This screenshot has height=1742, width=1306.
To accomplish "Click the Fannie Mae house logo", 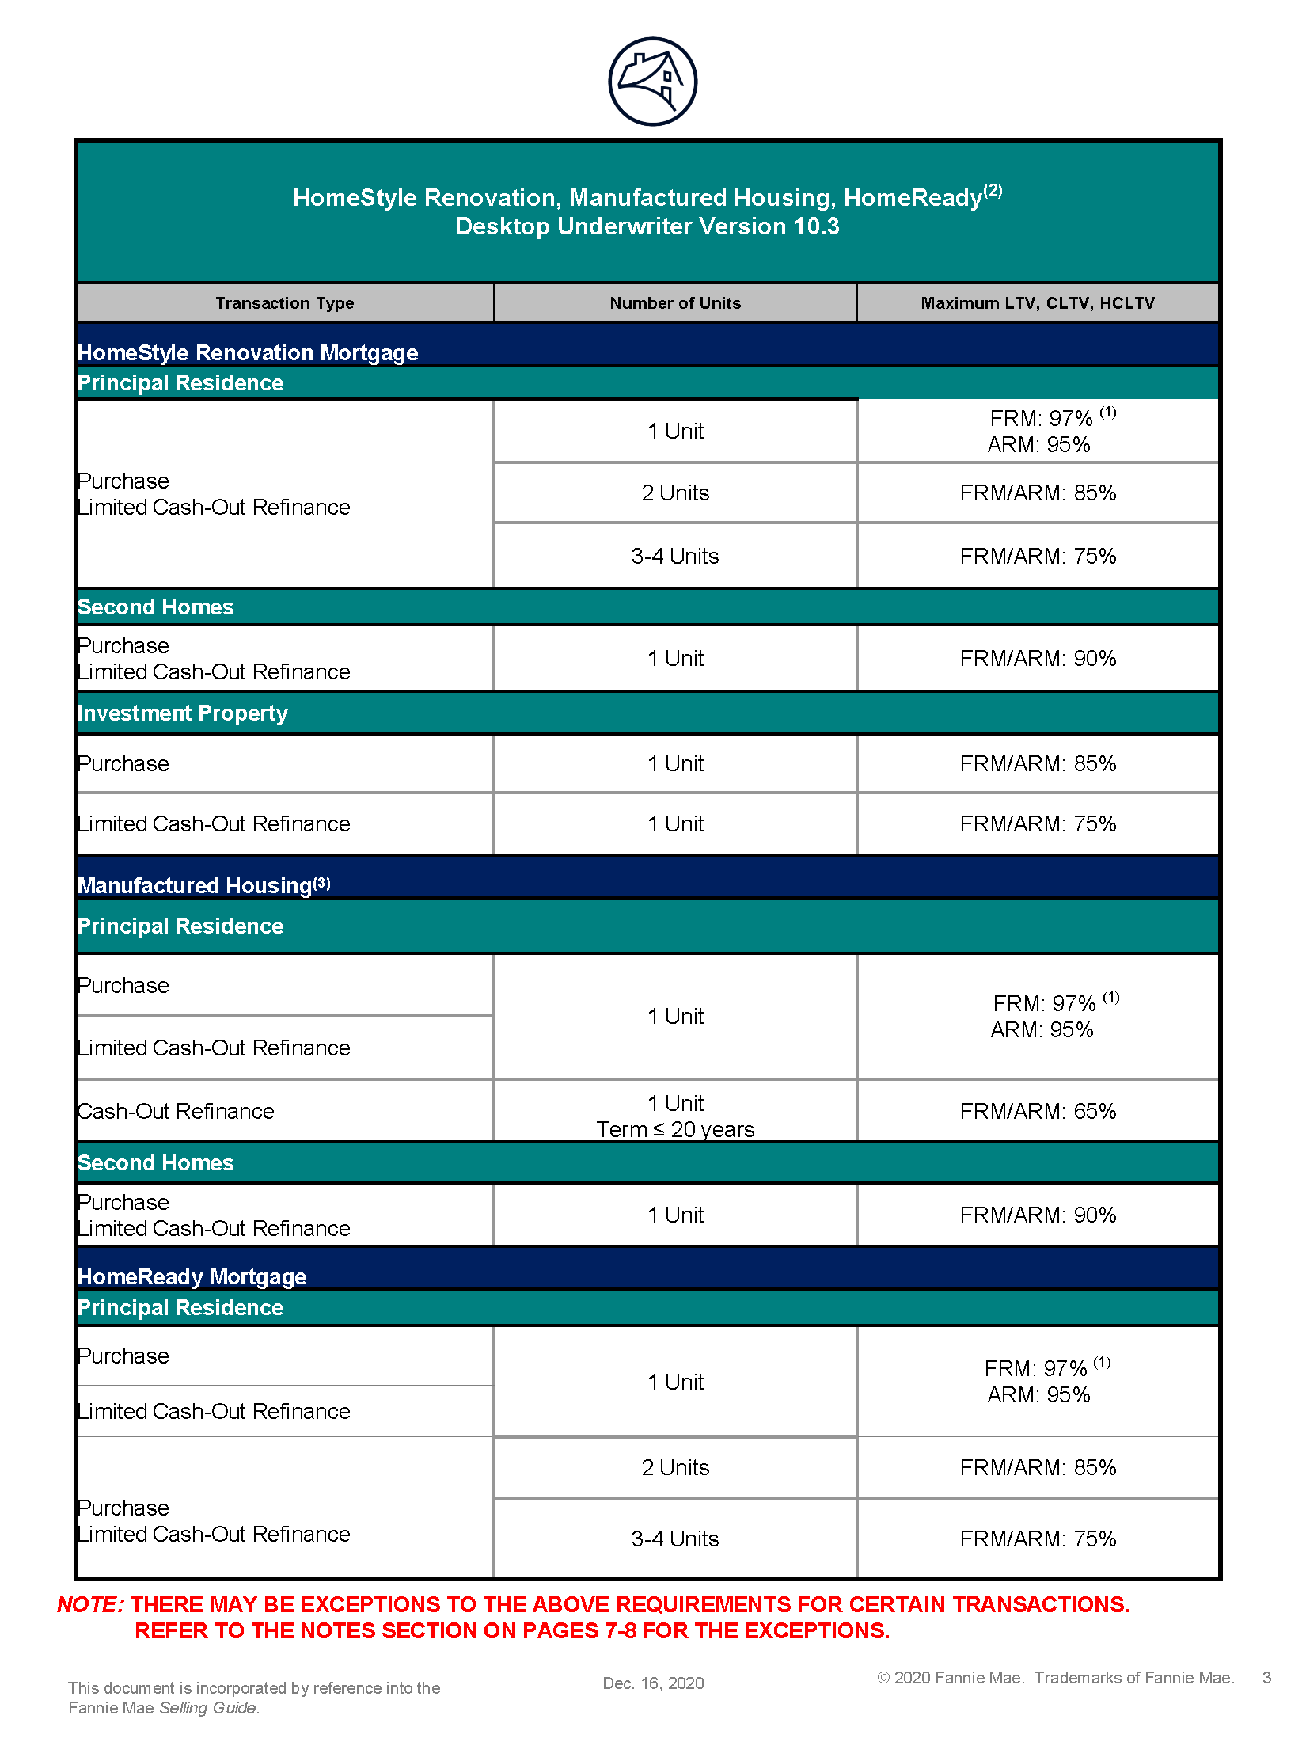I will (x=652, y=82).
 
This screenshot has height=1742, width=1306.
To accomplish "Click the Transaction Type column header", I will (x=284, y=303).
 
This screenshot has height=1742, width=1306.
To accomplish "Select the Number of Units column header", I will (x=675, y=303).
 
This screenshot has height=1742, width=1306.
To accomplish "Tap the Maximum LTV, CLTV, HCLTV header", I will (x=1038, y=303).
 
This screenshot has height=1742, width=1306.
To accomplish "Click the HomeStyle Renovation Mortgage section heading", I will (x=248, y=352).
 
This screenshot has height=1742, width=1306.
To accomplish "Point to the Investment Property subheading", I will (x=183, y=713).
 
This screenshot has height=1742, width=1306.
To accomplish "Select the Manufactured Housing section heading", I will (x=195, y=885).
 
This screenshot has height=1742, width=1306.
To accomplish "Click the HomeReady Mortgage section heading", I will (x=192, y=1276).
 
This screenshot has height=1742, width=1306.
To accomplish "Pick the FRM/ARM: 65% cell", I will (x=1038, y=1111).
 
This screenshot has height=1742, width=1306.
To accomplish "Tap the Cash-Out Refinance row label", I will (x=177, y=1111).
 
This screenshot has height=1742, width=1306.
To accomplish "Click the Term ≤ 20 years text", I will (x=675, y=1129).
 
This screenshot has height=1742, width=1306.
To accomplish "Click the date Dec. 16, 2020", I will (x=653, y=1683).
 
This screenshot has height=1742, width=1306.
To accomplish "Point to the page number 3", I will (x=1266, y=1678).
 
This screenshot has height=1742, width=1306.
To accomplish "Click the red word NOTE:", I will (x=90, y=1604).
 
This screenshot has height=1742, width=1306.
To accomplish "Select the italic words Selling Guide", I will (x=208, y=1708).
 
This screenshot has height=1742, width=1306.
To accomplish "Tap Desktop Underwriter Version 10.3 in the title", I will (x=647, y=226).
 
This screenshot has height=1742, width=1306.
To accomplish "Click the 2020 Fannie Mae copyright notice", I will (x=1056, y=1678).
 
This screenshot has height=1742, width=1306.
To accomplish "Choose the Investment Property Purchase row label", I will (x=124, y=763).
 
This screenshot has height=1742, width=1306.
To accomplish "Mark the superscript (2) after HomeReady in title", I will (x=993, y=191).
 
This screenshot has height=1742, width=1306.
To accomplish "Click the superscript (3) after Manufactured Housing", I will (x=321, y=883).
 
